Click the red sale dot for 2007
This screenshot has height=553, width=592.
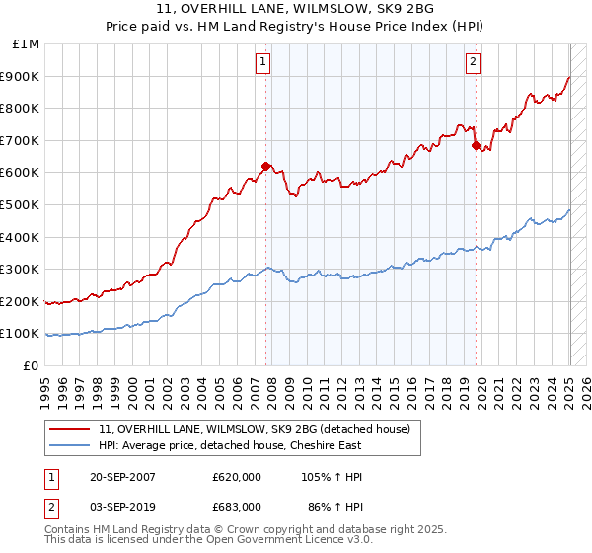265,166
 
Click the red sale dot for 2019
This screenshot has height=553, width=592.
476,146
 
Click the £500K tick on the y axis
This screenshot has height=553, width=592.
21,204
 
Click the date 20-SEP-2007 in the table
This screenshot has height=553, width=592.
122,477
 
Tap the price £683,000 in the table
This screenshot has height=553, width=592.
237,506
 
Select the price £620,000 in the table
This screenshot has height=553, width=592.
237,477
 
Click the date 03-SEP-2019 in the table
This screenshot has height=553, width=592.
122,506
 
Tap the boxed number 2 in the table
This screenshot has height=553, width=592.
50,506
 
